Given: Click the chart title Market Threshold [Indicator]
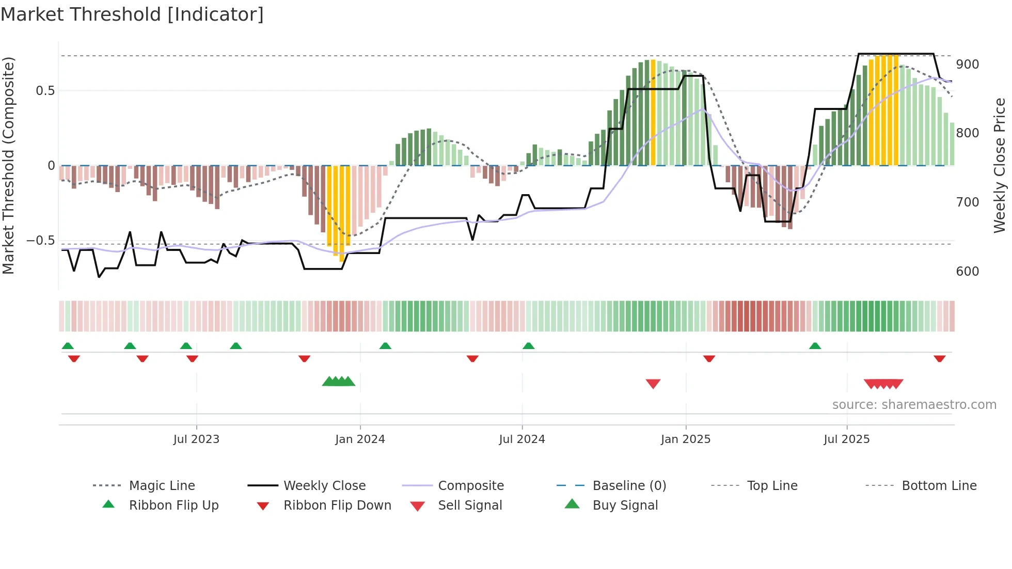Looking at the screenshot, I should tap(132, 14).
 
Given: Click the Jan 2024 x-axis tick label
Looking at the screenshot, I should tap(360, 439).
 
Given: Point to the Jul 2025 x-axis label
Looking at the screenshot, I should tap(846, 439).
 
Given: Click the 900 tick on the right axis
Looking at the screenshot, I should tap(967, 65).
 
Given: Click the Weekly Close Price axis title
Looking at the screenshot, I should tap(1000, 165).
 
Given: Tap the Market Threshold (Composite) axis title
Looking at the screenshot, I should tap(8, 165).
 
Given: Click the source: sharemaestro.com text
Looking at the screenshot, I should tap(914, 404).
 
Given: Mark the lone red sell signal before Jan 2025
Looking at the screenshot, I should tap(653, 384).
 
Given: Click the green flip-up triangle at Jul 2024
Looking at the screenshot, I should tap(528, 346).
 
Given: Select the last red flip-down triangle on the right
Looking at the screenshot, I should tap(939, 358).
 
